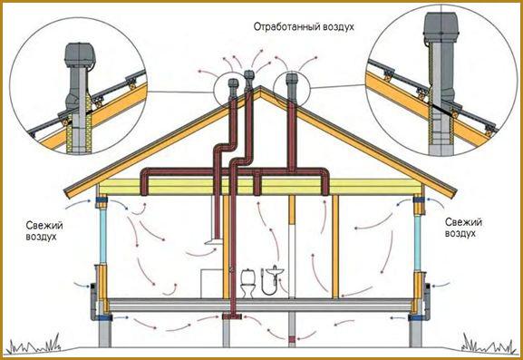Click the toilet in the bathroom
pyautogui.click(x=248, y=283)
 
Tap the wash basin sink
pyautogui.click(x=275, y=271)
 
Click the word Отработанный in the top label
pyautogui.click(x=285, y=26)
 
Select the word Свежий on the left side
pyautogui.click(x=44, y=226)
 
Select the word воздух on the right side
pyautogui.click(x=460, y=234)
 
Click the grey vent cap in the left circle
pyautogui.click(x=80, y=55)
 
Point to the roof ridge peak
pyautogui.click(x=260, y=87)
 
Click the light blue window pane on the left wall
pyautogui.click(x=102, y=236)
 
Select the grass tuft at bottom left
pyautogui.click(x=34, y=344)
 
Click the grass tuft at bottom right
pyautogui.click(x=488, y=344)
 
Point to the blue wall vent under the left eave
pyautogui.click(x=102, y=199)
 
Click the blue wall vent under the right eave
pyautogui.click(x=419, y=199)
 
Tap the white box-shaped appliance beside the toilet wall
pyautogui.click(x=211, y=284)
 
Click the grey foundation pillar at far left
pyautogui.click(x=104, y=334)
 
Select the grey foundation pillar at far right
pyautogui.click(x=416, y=334)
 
